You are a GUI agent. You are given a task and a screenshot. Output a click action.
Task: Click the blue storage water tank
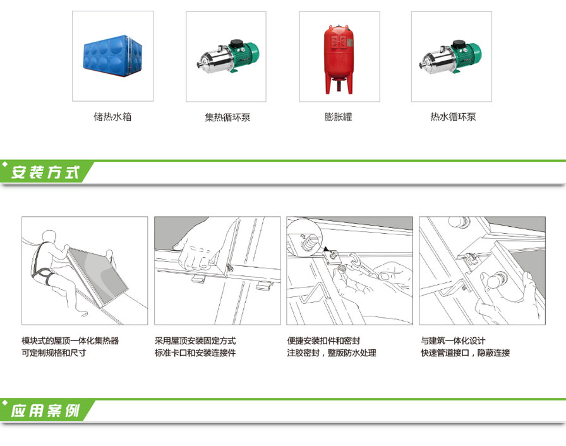pyautogui.click(x=112, y=56)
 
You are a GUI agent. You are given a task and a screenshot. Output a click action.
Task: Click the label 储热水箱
pyautogui.click(x=112, y=117)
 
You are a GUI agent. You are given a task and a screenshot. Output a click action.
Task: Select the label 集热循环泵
pyautogui.click(x=227, y=118)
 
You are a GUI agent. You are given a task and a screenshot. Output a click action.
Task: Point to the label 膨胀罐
pyautogui.click(x=338, y=117)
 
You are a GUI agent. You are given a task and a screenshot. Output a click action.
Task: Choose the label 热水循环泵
pyautogui.click(x=453, y=117)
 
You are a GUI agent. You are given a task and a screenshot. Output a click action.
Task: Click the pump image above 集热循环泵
pyautogui.click(x=228, y=57)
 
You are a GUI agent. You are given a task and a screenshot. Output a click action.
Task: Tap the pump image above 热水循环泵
pyautogui.click(x=450, y=57)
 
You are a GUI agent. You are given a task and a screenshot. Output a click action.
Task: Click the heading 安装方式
pyautogui.click(x=45, y=172)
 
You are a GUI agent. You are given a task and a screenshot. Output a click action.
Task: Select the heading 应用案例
pyautogui.click(x=45, y=411)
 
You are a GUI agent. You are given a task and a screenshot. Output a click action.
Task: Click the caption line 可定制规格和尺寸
pyautogui.click(x=54, y=353)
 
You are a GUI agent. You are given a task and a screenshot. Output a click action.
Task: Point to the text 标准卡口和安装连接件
pyautogui.click(x=195, y=353)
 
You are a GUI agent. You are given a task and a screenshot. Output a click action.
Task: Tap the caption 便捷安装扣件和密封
pyautogui.click(x=323, y=341)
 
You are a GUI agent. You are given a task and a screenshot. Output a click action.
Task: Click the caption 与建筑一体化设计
pyautogui.click(x=453, y=341)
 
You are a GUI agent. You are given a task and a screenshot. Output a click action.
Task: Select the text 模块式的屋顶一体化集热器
pyautogui.click(x=70, y=341)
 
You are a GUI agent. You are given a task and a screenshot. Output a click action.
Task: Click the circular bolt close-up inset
pyautogui.click(x=304, y=238)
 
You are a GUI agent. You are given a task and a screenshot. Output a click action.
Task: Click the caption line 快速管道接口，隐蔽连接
pyautogui.click(x=465, y=353)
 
